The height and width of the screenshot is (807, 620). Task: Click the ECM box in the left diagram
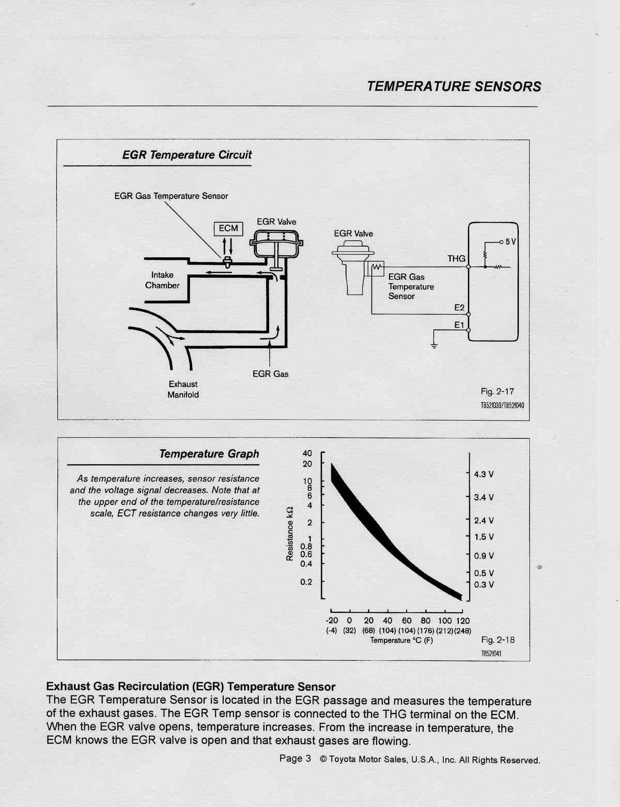(x=228, y=228)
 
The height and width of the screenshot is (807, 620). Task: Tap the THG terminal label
(x=456, y=258)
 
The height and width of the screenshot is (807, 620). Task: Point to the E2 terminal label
(x=459, y=308)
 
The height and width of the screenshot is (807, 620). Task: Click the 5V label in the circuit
(x=510, y=242)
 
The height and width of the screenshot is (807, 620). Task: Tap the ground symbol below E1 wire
(x=434, y=346)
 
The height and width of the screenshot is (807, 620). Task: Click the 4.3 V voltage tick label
(x=484, y=474)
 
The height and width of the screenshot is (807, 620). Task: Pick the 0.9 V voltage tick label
(x=484, y=556)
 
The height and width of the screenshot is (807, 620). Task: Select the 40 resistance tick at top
(x=307, y=454)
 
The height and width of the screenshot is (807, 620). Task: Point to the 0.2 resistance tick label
(x=306, y=582)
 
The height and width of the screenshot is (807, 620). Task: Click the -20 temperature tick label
(x=332, y=620)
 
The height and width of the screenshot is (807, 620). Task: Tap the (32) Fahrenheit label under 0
(x=350, y=631)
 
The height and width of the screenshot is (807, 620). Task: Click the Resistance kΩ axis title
(x=290, y=533)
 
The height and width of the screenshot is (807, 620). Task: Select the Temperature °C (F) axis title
(x=401, y=641)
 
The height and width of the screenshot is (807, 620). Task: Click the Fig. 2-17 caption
(x=498, y=392)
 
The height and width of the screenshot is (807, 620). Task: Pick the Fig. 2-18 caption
(x=498, y=640)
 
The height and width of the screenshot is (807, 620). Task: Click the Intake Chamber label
(x=162, y=280)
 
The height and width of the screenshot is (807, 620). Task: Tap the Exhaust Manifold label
(x=183, y=390)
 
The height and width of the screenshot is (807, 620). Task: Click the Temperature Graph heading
(x=209, y=454)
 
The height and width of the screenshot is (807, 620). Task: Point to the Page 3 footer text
(x=295, y=758)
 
